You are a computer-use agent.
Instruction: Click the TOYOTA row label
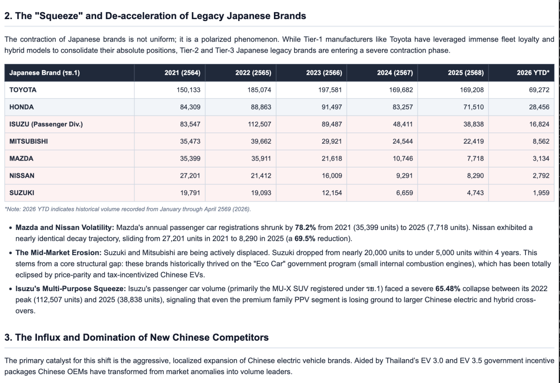23,90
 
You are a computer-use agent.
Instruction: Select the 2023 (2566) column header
324,73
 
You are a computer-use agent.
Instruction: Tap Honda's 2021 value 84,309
190,107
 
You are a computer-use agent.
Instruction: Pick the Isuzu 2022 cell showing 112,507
259,124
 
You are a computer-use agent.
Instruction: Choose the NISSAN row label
22,175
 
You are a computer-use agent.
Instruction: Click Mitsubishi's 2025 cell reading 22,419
474,141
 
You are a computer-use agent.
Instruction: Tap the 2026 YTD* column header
533,73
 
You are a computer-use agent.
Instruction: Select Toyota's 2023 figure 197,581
330,90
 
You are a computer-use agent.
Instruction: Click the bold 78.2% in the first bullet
305,228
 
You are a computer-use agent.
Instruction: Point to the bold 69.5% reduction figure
305,238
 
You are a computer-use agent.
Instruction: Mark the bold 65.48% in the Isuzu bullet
448,289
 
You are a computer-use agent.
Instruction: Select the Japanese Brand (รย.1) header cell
44,73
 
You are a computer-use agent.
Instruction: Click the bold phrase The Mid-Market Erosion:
58,252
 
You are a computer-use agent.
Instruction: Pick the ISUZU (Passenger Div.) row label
46,124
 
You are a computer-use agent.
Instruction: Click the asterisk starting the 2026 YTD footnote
6,209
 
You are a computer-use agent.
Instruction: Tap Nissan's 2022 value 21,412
261,175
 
